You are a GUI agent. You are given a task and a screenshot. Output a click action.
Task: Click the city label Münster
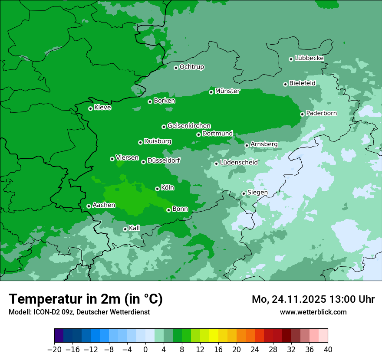click(227, 91)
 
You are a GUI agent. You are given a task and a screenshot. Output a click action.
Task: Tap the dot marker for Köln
click(157, 189)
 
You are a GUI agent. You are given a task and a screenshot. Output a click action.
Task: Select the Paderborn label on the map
click(321, 113)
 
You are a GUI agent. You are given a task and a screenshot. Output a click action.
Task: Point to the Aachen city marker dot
click(89, 206)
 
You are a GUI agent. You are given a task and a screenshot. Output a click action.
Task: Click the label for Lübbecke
click(309, 58)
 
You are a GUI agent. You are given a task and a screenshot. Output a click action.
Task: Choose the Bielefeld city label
click(302, 83)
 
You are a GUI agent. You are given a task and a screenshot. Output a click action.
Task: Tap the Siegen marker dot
click(244, 193)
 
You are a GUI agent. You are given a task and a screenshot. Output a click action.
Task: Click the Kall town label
click(135, 228)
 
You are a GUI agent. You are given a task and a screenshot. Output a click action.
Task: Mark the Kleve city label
click(102, 108)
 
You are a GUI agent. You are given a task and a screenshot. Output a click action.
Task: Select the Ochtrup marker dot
click(176, 68)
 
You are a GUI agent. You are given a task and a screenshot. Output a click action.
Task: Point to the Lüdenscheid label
click(239, 163)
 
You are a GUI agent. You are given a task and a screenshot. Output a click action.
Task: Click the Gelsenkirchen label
click(189, 126)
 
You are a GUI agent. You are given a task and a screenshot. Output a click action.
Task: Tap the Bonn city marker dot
click(168, 210)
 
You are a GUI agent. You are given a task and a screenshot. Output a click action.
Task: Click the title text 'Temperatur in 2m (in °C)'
click(86, 299)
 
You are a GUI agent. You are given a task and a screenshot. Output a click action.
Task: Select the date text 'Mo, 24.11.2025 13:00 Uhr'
click(313, 299)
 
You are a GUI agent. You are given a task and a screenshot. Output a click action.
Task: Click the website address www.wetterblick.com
click(313, 312)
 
